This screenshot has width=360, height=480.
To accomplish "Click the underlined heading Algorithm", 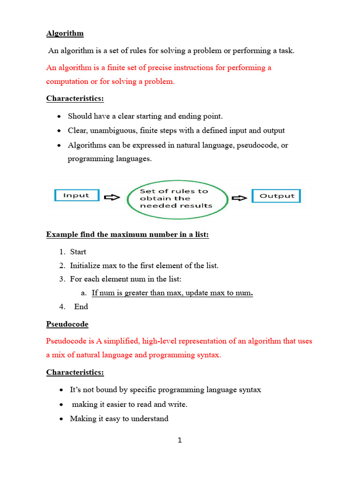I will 65,33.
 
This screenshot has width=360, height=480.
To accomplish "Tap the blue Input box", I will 76,195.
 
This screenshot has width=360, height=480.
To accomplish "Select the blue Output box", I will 277,196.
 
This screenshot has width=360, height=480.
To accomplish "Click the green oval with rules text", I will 176,198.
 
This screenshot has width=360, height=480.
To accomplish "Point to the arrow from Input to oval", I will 112,197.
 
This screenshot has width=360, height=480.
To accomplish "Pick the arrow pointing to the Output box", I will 240,197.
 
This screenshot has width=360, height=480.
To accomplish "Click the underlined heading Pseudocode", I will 67,324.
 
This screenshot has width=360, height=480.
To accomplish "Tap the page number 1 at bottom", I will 180,440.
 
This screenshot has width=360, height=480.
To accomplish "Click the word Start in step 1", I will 78,252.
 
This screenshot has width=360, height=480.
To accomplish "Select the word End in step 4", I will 81,307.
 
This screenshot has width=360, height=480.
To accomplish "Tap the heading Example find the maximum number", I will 127,234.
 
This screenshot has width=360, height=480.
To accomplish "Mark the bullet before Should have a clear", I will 59,116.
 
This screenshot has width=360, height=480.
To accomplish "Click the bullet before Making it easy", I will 61,419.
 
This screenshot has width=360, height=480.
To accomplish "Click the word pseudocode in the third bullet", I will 257,145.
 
